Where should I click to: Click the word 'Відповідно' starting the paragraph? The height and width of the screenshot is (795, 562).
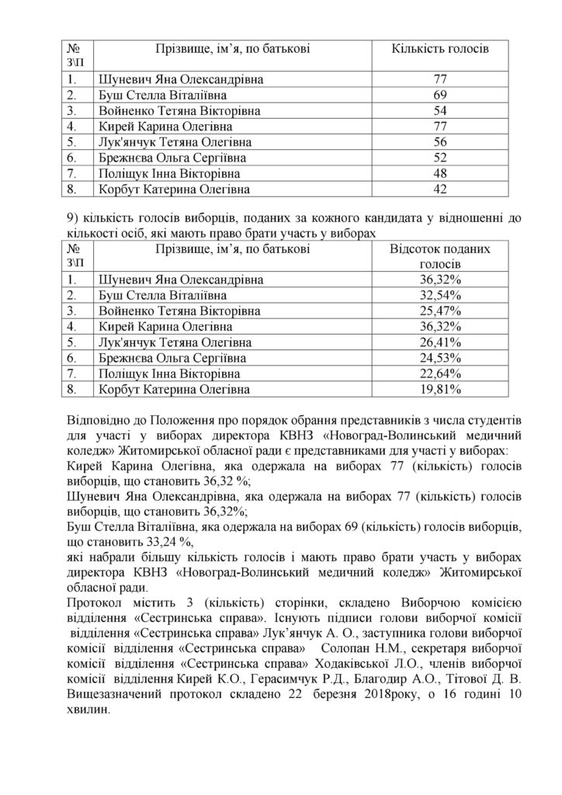coord(96,422)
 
